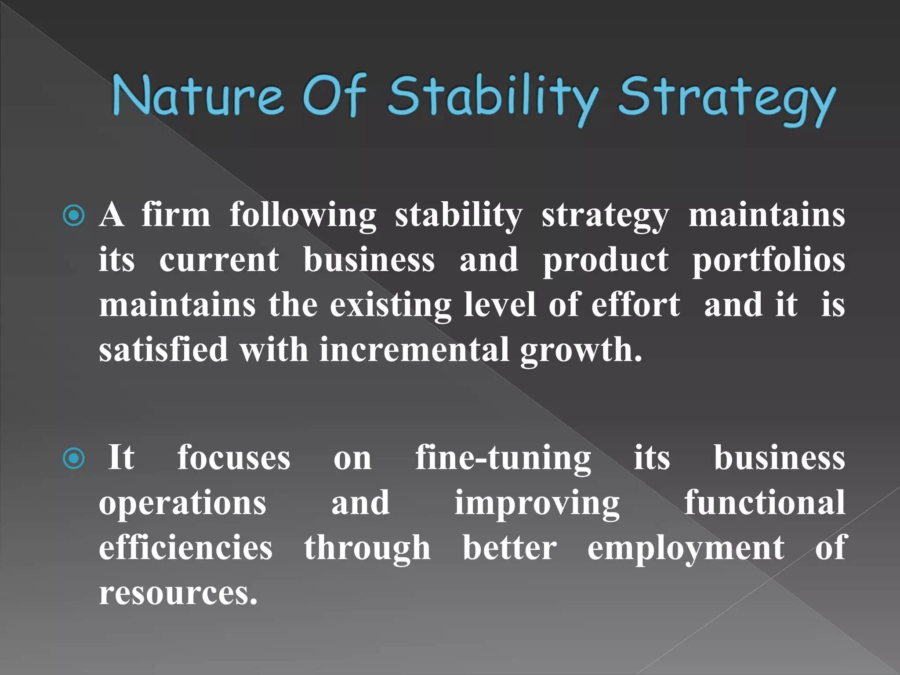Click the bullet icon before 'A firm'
(x=74, y=215)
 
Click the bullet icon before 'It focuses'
(x=74, y=458)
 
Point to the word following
(x=303, y=215)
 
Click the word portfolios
(x=769, y=260)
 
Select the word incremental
(x=414, y=350)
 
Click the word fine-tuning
(x=503, y=458)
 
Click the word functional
(x=765, y=502)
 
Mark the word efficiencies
(x=185, y=548)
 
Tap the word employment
(x=686, y=548)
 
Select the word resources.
(x=178, y=593)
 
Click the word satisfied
(x=163, y=349)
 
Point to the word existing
(x=390, y=305)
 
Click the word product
(x=606, y=261)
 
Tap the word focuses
(x=234, y=458)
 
